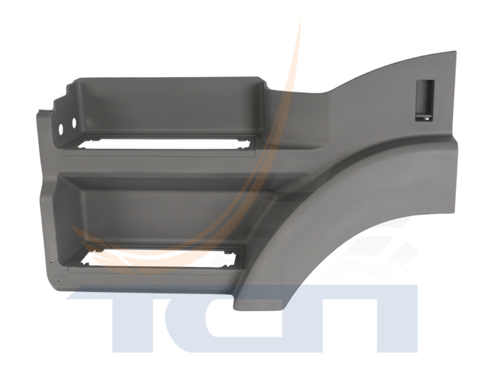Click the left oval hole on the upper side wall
click(x=61, y=129)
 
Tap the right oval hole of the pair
click(x=74, y=123)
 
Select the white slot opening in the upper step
click(x=164, y=144)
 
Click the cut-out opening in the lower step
click(x=160, y=258)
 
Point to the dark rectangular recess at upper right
click(x=425, y=100)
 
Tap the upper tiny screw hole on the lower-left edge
click(x=52, y=259)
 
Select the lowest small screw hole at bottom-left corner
click(x=57, y=280)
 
